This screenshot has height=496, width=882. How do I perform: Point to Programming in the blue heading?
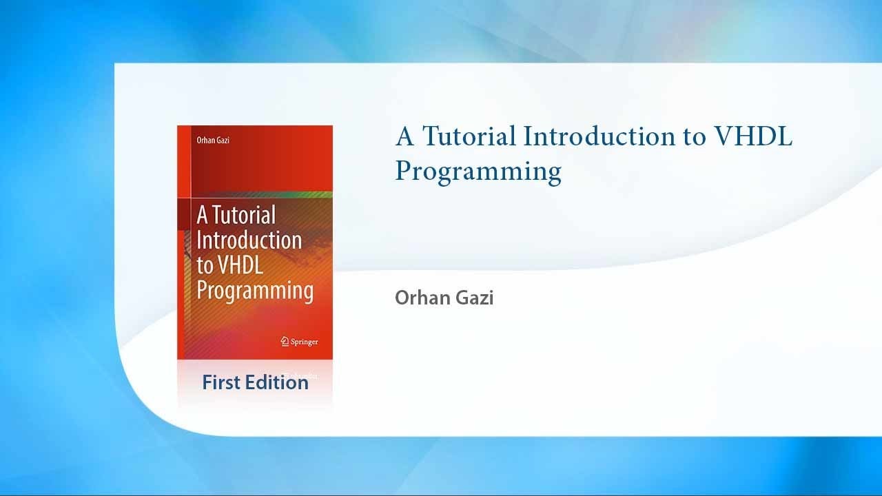pos(478,171)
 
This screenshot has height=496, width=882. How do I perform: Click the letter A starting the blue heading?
pos(404,136)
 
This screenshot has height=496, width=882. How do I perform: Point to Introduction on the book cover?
pos(249,240)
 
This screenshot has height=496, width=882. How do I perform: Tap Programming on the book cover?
pos(255,289)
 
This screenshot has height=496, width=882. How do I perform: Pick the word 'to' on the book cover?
pos(205,265)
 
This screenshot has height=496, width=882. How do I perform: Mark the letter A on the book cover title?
pos(202,215)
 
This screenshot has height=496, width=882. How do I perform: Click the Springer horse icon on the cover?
pos(284,341)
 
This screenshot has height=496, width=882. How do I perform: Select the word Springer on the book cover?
pos(304,342)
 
